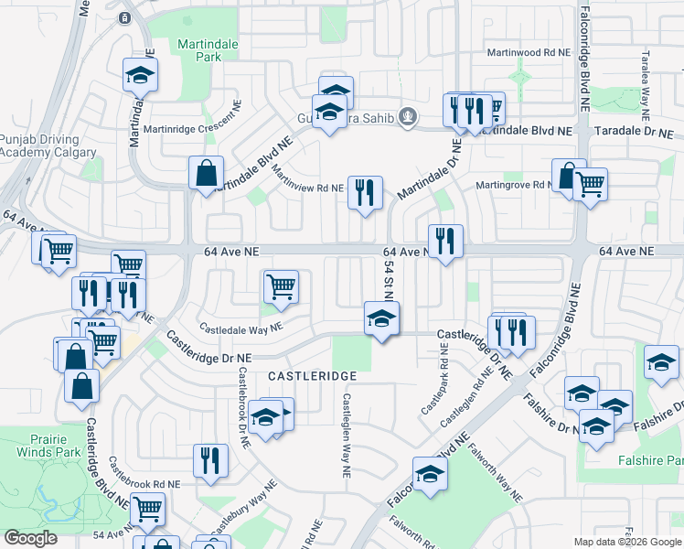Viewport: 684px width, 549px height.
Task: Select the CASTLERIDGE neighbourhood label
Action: (x=311, y=376)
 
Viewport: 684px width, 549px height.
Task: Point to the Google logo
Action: (x=30, y=538)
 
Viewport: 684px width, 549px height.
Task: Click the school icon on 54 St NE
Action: (x=382, y=319)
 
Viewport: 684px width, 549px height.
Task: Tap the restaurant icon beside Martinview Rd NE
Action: (x=365, y=193)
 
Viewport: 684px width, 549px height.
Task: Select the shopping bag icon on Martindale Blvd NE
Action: (x=207, y=173)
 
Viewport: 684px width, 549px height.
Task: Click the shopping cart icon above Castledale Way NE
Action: (x=282, y=286)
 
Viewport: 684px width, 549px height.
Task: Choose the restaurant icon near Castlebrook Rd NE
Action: (x=210, y=462)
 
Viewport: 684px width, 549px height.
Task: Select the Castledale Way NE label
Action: (x=241, y=328)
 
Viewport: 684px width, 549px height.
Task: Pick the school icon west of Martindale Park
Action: (x=140, y=75)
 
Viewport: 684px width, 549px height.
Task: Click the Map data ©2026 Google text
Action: (x=626, y=542)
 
